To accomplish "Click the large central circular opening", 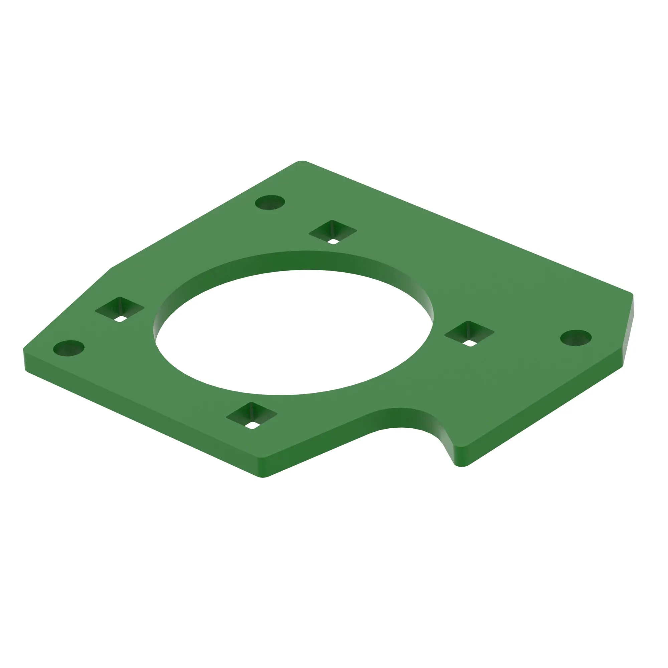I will (x=294, y=332).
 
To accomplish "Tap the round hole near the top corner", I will (x=270, y=202).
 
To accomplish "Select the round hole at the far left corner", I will (x=69, y=348).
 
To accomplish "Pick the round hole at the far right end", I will (x=576, y=337).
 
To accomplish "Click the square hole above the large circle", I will (x=333, y=232).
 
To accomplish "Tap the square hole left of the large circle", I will (x=120, y=309).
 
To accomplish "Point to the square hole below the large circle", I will (x=252, y=415).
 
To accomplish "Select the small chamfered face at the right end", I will (x=629, y=332).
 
